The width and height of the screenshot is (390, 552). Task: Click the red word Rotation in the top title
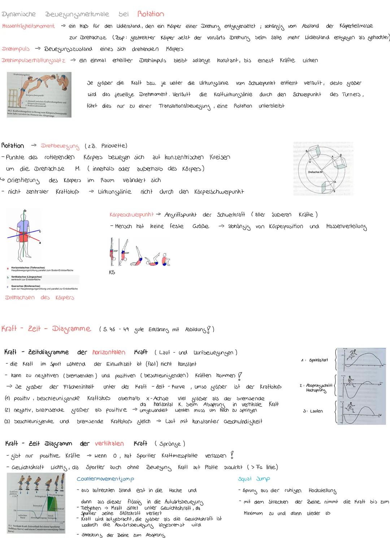pos(151,14)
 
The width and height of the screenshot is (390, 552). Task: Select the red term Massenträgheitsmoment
pos(29,26)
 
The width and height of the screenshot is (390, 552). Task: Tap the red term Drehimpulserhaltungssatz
pos(34,60)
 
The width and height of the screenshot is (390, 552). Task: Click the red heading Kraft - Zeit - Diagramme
pos(46,329)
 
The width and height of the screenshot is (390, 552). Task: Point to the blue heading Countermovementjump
pos(105,479)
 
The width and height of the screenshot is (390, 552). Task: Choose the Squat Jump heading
pos(254,479)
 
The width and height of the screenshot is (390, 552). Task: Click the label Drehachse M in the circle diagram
pos(315,172)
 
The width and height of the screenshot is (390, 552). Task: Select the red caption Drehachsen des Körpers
pos(40,298)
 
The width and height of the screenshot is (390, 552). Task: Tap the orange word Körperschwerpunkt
pos(131,215)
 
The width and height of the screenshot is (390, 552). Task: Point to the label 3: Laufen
pos(313,411)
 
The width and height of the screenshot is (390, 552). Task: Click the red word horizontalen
pos(109,352)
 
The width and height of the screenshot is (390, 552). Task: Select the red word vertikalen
pos(109,443)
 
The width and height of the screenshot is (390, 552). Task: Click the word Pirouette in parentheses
pos(114,146)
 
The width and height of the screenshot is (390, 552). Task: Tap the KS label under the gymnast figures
pos(112,273)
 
